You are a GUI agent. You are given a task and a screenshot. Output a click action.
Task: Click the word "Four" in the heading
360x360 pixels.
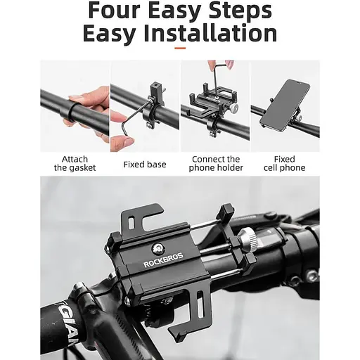tap(114, 11)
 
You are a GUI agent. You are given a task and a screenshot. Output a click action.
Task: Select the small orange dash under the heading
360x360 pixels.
tap(180, 49)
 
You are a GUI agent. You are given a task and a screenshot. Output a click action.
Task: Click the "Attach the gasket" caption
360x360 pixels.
tap(75, 163)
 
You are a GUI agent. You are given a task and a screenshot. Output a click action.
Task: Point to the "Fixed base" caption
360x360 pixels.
tap(145, 165)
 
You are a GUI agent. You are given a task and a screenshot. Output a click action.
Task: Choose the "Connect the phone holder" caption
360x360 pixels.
tap(216, 163)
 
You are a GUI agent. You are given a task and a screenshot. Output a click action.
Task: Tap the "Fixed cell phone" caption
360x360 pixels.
tap(285, 163)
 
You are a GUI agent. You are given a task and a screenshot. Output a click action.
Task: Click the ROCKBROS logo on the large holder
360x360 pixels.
tap(163, 260)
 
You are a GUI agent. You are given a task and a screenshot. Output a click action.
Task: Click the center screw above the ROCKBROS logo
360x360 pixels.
tap(157, 247)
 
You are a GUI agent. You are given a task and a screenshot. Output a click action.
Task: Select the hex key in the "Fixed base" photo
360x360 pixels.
tap(137, 117)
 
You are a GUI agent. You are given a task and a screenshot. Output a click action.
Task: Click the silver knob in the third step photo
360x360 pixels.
tap(233, 108)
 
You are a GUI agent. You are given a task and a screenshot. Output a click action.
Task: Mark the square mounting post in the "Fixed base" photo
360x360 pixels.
tap(155, 91)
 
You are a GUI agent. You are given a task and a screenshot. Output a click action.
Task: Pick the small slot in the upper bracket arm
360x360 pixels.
tap(131, 223)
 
